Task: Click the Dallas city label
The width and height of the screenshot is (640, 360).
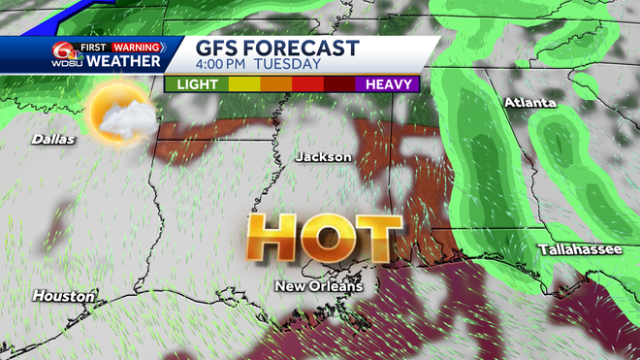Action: coord(52,140)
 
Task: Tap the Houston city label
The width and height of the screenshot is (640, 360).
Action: coord(63,295)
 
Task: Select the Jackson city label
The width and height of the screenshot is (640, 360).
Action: coord(324,156)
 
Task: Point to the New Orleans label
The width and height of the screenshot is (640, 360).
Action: coord(318,286)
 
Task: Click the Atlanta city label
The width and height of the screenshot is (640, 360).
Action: coord(529,102)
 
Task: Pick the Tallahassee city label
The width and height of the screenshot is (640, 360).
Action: coord(581,250)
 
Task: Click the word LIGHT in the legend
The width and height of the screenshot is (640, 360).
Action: coord(197,84)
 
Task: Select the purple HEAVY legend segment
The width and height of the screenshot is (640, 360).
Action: coord(387,84)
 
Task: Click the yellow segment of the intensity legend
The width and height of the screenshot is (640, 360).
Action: coord(242,84)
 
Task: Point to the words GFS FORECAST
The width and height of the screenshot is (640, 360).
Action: coord(277,49)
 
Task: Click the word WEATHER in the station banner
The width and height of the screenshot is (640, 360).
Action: coord(122,62)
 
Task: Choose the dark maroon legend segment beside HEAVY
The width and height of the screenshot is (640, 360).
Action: coord(339,84)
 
